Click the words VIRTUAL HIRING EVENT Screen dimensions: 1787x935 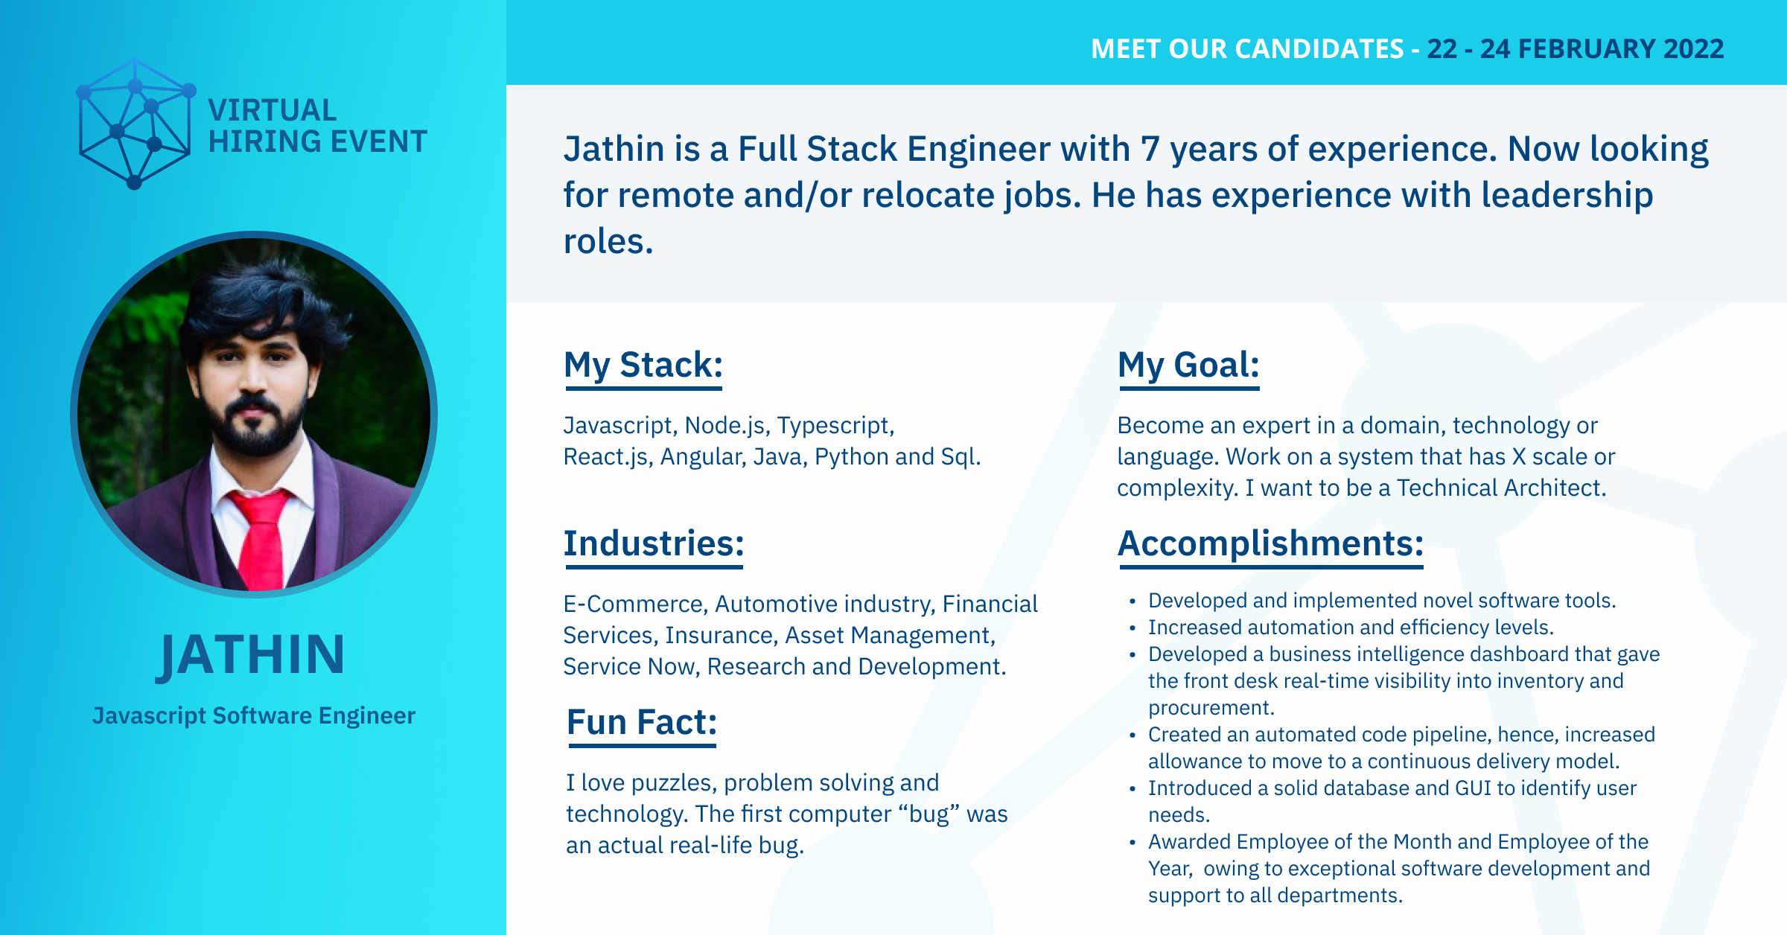click(x=317, y=126)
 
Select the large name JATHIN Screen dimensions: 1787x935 click(x=252, y=655)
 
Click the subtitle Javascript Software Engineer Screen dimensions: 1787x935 click(x=254, y=715)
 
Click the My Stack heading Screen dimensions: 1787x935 click(x=643, y=365)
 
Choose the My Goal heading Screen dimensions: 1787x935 click(x=1188, y=365)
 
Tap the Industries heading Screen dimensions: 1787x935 click(x=654, y=543)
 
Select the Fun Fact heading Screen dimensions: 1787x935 click(x=641, y=722)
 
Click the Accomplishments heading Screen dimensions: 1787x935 click(x=1270, y=543)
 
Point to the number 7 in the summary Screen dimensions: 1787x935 click(x=1150, y=149)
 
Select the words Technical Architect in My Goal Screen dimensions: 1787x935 click(x=1501, y=488)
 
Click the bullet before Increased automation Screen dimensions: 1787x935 click(x=1133, y=628)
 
